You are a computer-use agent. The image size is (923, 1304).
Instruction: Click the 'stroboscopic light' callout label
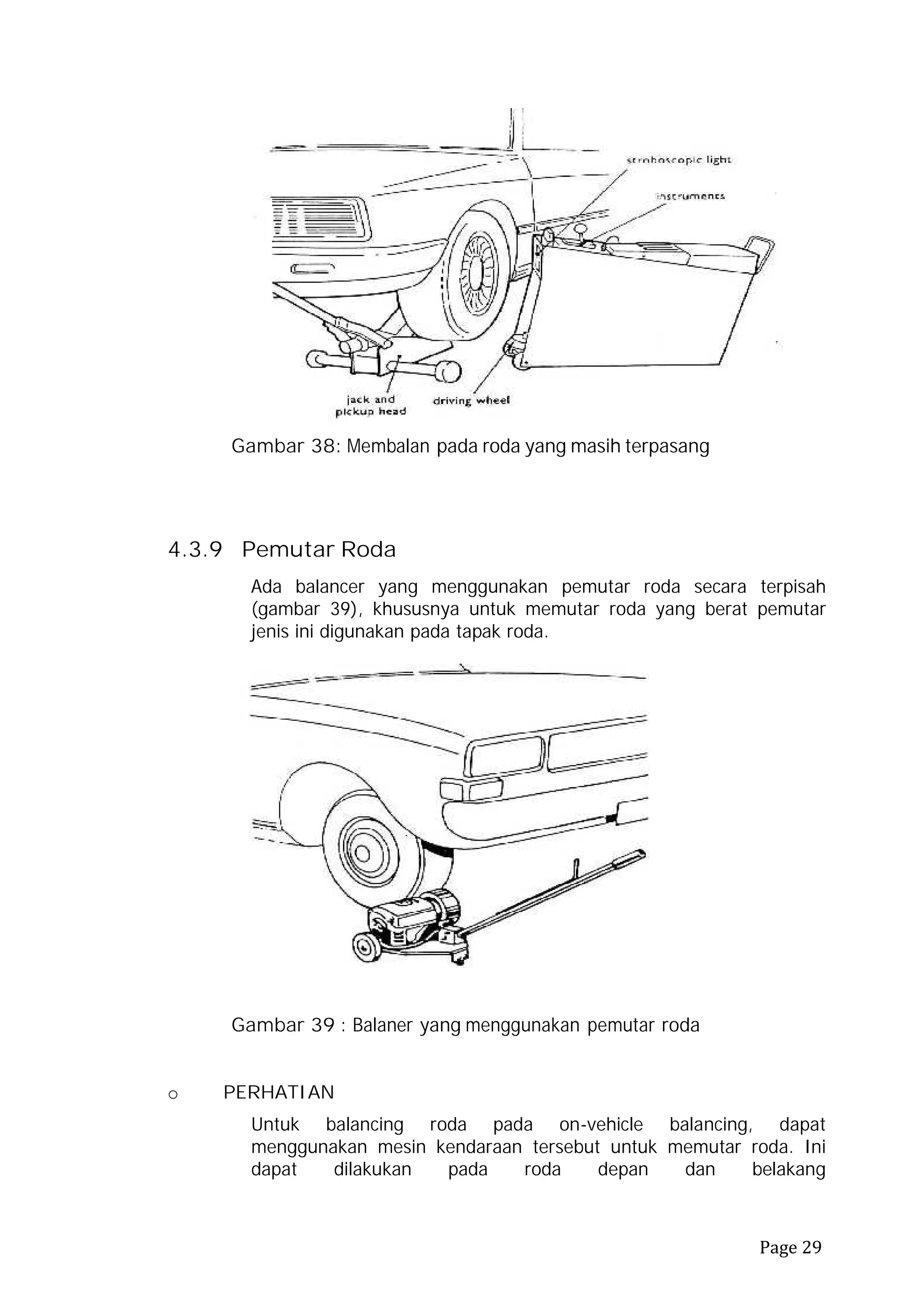[679, 160]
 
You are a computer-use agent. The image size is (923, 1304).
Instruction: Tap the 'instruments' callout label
[690, 196]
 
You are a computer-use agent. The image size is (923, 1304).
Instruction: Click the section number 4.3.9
[195, 550]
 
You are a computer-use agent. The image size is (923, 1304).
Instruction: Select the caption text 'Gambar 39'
[283, 1025]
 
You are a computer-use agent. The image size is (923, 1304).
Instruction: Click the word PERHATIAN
[279, 1092]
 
